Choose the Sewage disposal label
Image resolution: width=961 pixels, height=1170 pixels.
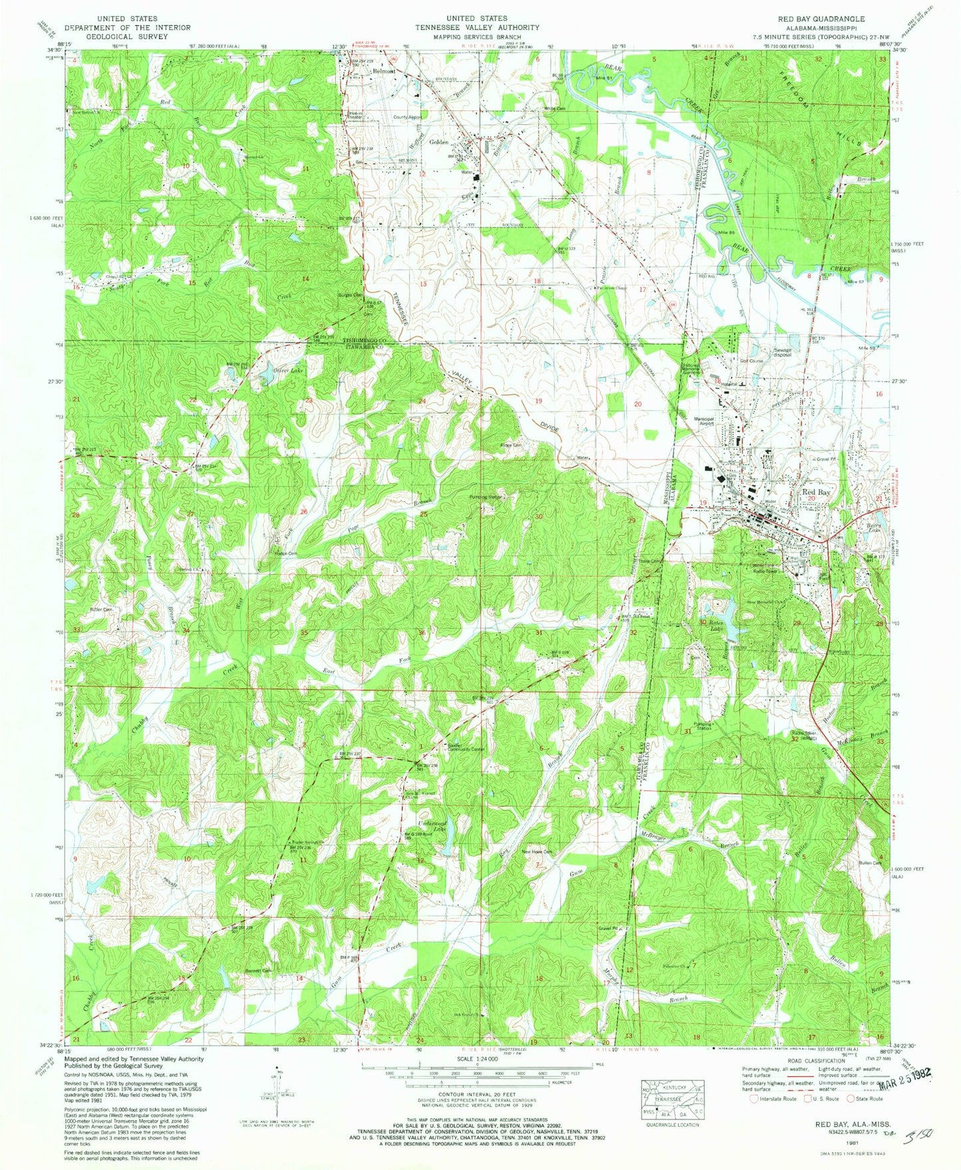click(x=782, y=352)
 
